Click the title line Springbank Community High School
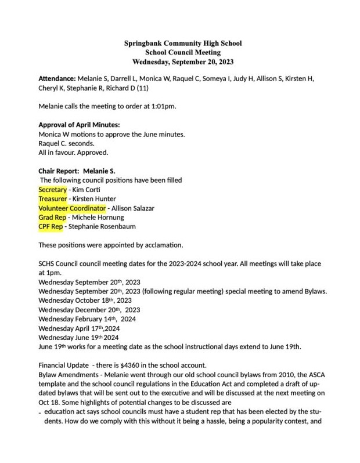click(183, 43)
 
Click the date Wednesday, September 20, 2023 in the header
click(183, 61)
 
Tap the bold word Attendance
click(57, 78)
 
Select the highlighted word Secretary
click(53, 190)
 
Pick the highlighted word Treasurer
click(53, 199)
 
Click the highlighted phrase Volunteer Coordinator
click(72, 208)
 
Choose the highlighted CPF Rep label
click(51, 226)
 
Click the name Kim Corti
click(86, 190)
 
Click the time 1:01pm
click(163, 107)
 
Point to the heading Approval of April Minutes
click(79, 125)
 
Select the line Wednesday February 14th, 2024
click(87, 319)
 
